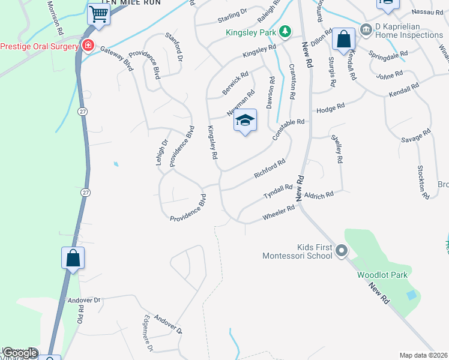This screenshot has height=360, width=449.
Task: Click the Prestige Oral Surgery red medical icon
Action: coord(88,46)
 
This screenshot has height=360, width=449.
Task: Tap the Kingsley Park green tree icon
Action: coord(286,31)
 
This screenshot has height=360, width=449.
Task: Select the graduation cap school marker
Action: coord(245,120)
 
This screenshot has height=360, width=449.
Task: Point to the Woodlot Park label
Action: coord(382,275)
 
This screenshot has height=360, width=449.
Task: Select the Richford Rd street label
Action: coord(269,168)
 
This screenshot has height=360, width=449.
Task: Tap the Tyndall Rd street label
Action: coord(277,192)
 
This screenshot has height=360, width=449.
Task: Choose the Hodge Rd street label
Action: coord(330,108)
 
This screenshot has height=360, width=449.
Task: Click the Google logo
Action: coord(20,353)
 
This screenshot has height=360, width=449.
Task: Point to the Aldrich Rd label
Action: coord(319,196)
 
